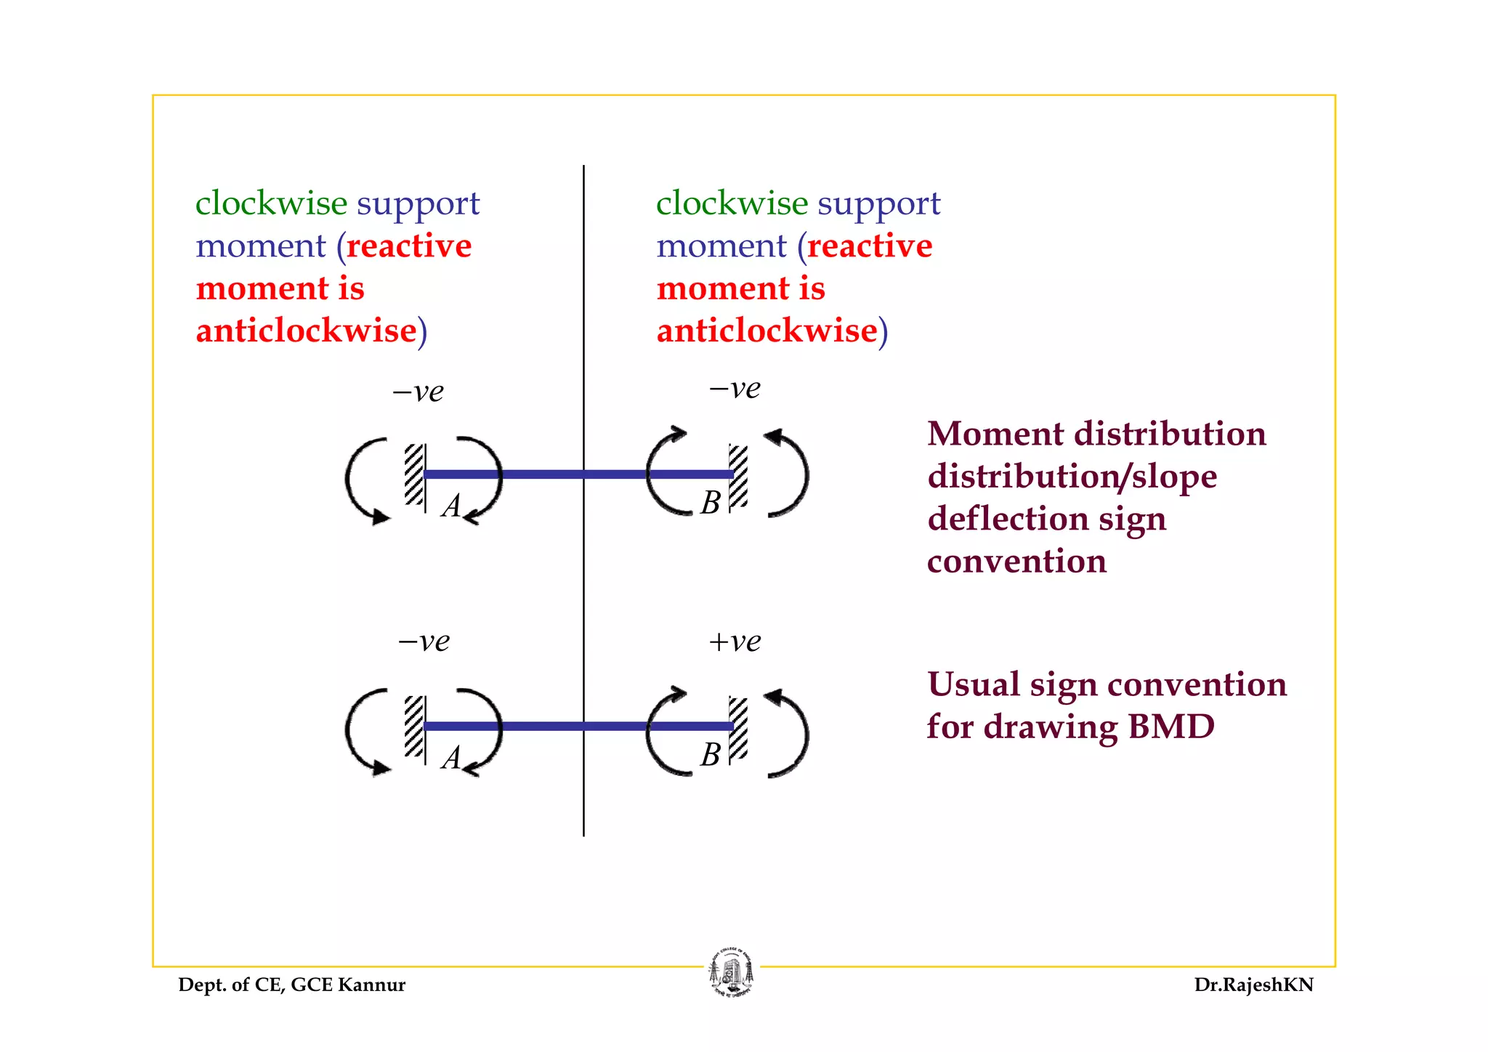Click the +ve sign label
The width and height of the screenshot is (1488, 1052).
point(735,642)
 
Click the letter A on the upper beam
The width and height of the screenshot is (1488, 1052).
point(452,506)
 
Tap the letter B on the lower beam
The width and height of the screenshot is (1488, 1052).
point(710,755)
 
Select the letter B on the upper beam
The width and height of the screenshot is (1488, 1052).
point(710,503)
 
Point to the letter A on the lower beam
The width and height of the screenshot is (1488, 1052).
point(452,758)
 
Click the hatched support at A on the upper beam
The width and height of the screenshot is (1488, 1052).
point(414,474)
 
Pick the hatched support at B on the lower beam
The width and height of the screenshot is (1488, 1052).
point(738,727)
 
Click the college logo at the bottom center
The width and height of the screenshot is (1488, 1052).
point(732,972)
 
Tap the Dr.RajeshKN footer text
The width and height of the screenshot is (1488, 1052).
point(1253,985)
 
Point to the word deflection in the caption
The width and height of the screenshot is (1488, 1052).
point(1007,519)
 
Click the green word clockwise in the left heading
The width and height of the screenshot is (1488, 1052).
point(271,203)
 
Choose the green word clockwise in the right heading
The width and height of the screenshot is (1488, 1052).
point(732,203)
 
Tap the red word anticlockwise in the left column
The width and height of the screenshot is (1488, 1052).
point(306,331)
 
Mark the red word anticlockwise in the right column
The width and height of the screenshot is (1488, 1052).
point(767,331)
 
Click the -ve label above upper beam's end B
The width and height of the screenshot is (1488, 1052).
point(735,389)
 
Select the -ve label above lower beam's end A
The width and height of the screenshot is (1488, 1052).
point(424,642)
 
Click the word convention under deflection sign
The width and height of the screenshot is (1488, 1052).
point(1016,561)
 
